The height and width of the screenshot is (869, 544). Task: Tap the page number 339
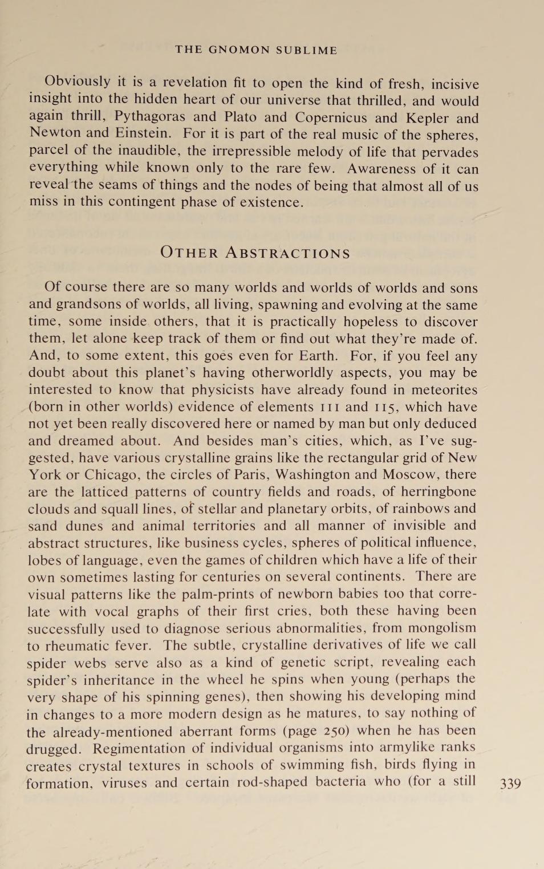[x=510, y=783]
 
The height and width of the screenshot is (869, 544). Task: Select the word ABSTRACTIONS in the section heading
[x=288, y=253]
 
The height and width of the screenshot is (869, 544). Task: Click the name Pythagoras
[x=149, y=116]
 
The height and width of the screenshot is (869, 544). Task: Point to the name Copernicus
[x=330, y=117]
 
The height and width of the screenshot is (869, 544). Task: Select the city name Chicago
[x=112, y=474]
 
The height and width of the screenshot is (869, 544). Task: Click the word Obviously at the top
[x=77, y=82]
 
